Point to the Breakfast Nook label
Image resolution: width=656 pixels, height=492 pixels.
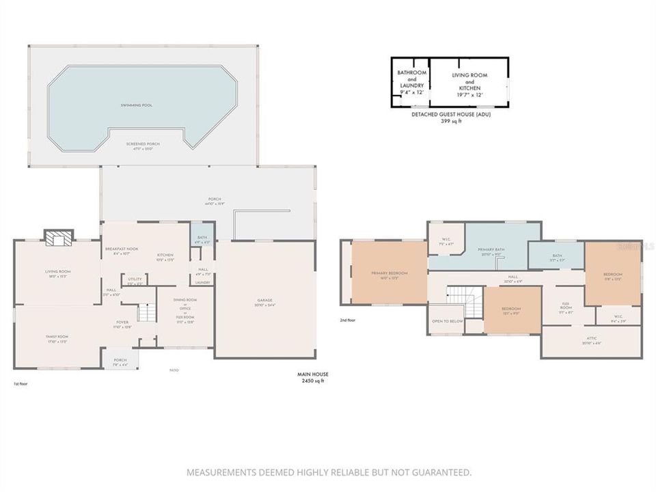pos(121,249)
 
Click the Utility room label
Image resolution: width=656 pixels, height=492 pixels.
pos(135,279)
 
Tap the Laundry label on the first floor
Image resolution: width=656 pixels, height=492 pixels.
pos(202,282)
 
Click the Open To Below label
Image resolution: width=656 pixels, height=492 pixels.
pos(448,320)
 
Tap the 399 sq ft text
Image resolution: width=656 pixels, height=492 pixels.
pos(451,121)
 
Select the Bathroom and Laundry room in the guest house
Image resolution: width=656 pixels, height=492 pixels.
pos(412,83)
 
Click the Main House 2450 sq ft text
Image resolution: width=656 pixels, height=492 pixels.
pos(312,377)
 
